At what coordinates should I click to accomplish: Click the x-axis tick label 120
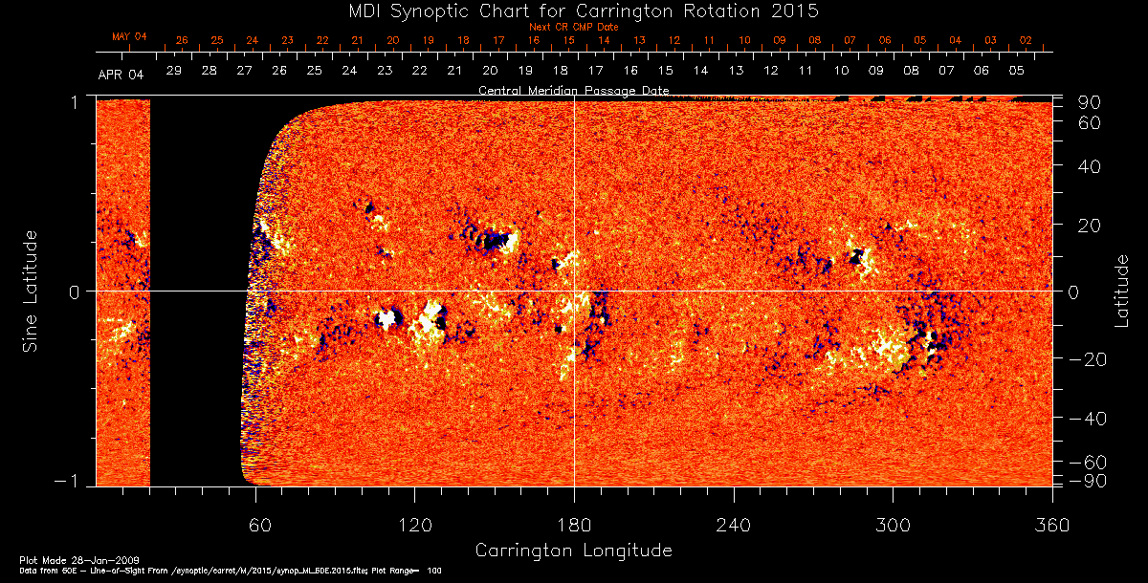[414, 526]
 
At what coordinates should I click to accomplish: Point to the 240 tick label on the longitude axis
[734, 526]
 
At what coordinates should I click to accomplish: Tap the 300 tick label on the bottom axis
[893, 526]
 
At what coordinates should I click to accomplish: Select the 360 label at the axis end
[1051, 526]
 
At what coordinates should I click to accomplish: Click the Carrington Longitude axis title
[573, 551]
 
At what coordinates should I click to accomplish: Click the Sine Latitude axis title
[32, 290]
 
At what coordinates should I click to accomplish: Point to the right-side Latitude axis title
[1121, 291]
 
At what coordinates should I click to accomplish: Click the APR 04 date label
[121, 74]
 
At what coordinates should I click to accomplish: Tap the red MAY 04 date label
[129, 36]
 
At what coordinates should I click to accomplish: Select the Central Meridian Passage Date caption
[573, 90]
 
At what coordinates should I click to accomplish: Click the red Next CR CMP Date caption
[573, 27]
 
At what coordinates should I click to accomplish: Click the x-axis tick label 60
[255, 526]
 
